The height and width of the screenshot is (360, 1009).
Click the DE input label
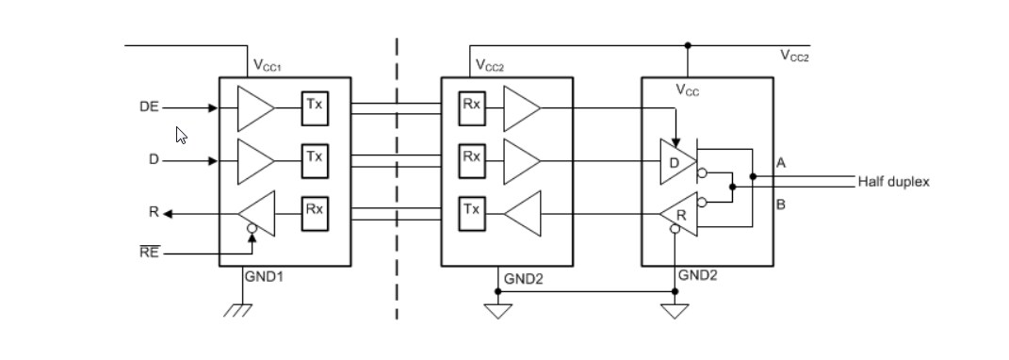point(149,107)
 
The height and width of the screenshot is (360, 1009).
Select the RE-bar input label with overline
point(149,253)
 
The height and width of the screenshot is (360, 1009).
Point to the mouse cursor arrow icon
point(182,136)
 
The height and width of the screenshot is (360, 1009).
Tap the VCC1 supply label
point(269,66)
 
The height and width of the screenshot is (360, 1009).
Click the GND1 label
point(264,278)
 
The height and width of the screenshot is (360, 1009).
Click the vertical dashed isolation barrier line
point(397,179)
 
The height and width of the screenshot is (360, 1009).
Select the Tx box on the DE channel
point(315,106)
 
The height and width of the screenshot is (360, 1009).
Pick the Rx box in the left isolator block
point(315,210)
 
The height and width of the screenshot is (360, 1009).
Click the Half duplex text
point(893,181)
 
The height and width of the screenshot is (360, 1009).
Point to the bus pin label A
point(780,162)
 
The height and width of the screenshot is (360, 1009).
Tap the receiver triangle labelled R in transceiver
point(680,215)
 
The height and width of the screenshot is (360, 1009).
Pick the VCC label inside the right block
point(688,90)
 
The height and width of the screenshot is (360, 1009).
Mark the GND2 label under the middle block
point(523,279)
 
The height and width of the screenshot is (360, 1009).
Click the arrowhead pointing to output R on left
point(168,214)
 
